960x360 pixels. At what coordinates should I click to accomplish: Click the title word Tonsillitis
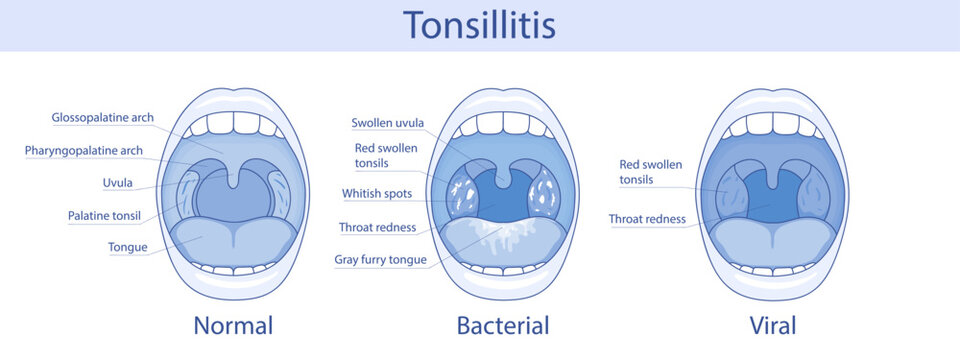[x=479, y=24]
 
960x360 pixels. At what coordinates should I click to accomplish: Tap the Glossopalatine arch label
[x=103, y=118]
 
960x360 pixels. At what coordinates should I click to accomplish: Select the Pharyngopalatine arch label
[x=98, y=151]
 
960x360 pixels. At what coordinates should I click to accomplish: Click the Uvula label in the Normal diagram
[x=118, y=183]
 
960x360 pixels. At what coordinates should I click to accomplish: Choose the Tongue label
[x=128, y=247]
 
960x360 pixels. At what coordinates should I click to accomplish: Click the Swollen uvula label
[x=387, y=123]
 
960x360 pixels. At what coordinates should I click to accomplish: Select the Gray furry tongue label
[x=380, y=260]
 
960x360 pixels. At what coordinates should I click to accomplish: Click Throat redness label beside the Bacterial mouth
[x=377, y=227]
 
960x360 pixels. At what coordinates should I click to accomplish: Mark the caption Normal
[x=233, y=325]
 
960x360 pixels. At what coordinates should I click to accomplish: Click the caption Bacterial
[x=503, y=325]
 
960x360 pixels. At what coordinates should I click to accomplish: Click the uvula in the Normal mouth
[x=233, y=178]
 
